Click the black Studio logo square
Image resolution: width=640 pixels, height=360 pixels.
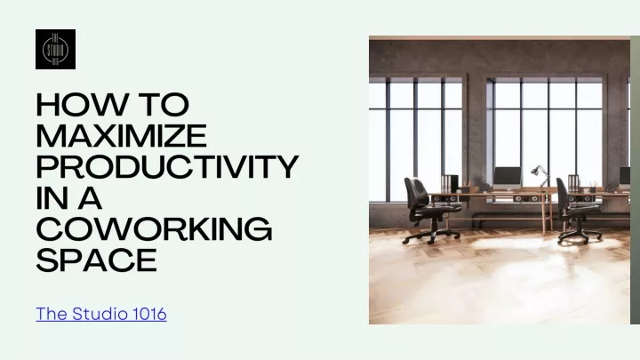click(55, 50)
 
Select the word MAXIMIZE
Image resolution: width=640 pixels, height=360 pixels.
click(122, 135)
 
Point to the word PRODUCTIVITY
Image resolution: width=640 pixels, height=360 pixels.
click(167, 166)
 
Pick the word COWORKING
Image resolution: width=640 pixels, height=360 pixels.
click(155, 229)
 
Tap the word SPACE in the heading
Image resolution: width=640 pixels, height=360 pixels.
click(97, 260)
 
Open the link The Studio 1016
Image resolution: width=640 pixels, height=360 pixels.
click(101, 314)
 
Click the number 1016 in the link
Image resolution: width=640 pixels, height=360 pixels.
click(150, 314)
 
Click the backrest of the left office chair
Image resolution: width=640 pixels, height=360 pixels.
click(415, 193)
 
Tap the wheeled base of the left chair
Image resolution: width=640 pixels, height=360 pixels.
click(431, 236)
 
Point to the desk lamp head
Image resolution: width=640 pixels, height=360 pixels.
click(535, 170)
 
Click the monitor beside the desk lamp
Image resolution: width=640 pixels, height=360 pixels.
click(508, 177)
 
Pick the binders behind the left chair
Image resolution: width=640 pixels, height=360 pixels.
click(450, 184)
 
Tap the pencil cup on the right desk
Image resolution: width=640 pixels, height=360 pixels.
click(593, 188)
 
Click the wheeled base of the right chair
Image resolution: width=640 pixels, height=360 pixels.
click(580, 236)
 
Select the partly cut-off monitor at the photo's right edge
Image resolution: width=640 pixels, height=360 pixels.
click(625, 177)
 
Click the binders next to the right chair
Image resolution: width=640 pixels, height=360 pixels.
click(573, 184)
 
